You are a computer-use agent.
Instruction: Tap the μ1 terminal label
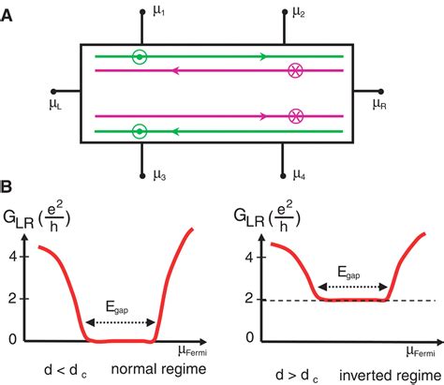click(x=161, y=13)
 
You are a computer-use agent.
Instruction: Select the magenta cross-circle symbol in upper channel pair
click(x=296, y=69)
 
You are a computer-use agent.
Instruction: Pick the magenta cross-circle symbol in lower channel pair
click(x=296, y=116)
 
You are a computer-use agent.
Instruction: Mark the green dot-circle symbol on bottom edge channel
click(x=139, y=129)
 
